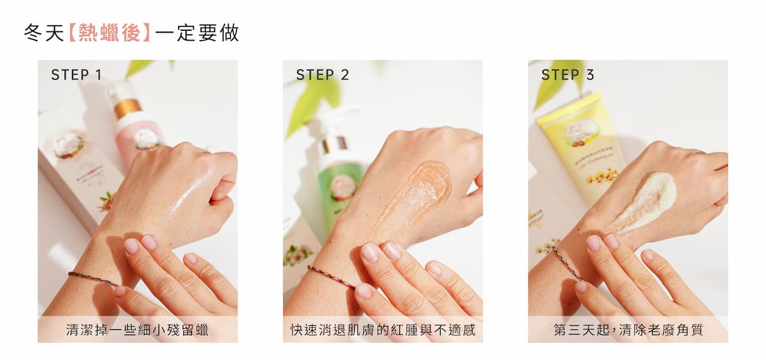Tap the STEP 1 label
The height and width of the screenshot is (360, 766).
pos(76,75)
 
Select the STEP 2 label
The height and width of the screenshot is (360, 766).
pos(322,75)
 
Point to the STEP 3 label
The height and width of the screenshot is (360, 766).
pos(568,75)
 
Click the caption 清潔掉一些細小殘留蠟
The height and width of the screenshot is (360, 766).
pos(137,330)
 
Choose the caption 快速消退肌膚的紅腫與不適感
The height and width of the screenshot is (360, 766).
pos(382,330)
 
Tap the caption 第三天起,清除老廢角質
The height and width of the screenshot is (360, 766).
pos(629,330)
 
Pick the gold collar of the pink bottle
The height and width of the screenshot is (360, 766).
pos(127,107)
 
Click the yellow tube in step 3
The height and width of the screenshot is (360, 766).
pos(581,147)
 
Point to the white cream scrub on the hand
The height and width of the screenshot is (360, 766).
pos(645,201)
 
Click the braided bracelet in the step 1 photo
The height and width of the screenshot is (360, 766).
pos(93,278)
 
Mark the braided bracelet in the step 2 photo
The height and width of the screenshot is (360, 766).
pos(331,276)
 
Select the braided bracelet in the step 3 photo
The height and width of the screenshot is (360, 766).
pos(567,264)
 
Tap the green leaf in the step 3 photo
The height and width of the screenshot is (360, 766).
pos(557,83)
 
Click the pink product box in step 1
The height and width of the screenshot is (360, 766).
pos(78,166)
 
